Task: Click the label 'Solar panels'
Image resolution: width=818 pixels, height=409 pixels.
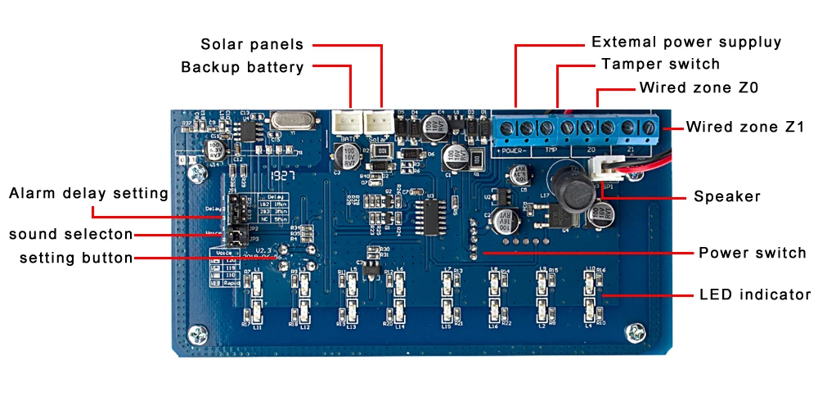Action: [x=252, y=44]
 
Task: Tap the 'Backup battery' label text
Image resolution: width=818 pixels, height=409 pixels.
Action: [x=242, y=67]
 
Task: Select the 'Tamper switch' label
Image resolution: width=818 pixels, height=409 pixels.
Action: [x=660, y=64]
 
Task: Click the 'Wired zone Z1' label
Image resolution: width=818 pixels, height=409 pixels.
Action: [x=745, y=127]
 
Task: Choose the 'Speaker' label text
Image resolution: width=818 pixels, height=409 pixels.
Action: [x=727, y=196]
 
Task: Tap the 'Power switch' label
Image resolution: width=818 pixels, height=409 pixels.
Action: [x=753, y=253]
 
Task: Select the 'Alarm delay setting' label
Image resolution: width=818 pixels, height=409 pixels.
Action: [x=88, y=194]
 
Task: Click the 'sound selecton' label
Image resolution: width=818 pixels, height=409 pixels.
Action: [x=71, y=235]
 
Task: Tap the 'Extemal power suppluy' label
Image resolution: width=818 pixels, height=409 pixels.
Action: [x=686, y=42]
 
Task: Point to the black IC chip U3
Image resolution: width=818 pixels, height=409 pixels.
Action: [x=429, y=212]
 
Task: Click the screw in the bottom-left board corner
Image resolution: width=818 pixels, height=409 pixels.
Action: [x=196, y=334]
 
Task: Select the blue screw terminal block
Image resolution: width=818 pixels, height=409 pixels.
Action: [x=574, y=128]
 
